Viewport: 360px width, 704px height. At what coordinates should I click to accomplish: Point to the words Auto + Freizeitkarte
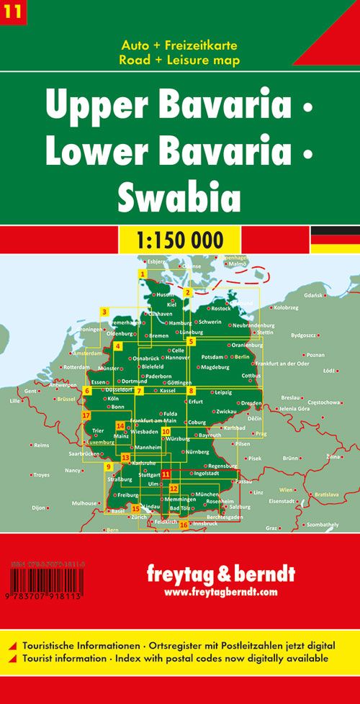tap(180, 46)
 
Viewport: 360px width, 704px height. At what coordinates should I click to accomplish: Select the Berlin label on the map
tap(241, 356)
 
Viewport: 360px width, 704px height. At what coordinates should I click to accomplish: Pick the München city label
tap(207, 494)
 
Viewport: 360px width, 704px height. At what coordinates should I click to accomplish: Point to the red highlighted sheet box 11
tap(166, 474)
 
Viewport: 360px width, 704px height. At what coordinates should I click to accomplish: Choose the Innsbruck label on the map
tap(205, 523)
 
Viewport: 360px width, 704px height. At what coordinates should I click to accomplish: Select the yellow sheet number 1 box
tap(143, 274)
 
